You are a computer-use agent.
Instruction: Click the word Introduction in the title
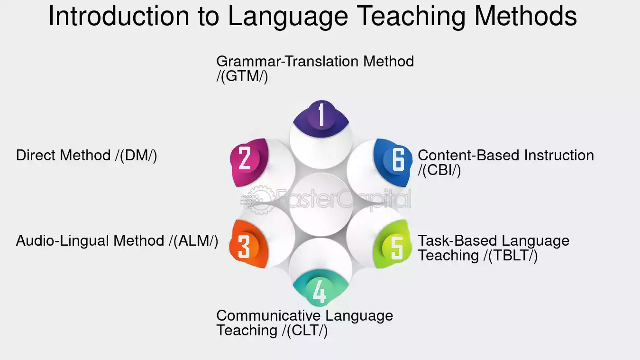[x=119, y=16]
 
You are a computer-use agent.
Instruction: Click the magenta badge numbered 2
[x=249, y=162]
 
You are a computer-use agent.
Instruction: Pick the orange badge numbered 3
[x=248, y=244]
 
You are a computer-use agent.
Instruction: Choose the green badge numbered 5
[x=393, y=244]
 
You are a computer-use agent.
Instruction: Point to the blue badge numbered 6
[x=393, y=162]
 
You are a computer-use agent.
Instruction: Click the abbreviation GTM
[x=242, y=76]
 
